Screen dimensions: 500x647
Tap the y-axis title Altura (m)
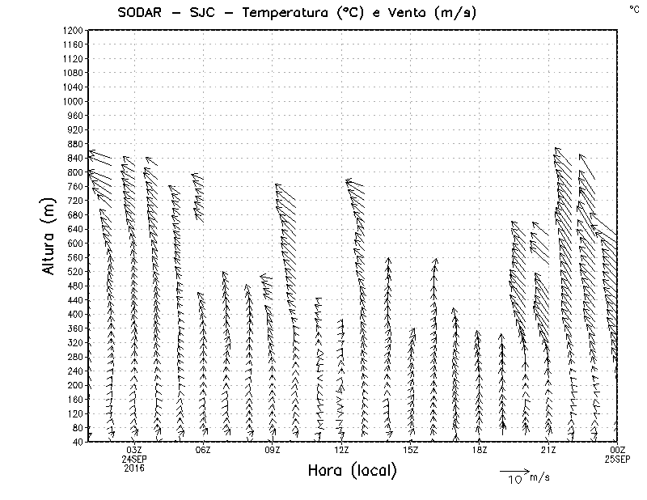pyautogui.click(x=49, y=235)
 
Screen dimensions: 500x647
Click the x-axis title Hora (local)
pyautogui.click(x=352, y=471)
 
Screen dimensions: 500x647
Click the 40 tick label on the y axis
pyautogui.click(x=76, y=442)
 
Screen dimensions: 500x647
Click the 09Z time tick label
pyautogui.click(x=273, y=450)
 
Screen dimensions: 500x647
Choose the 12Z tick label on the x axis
pyautogui.click(x=341, y=450)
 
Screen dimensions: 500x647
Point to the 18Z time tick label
pyautogui.click(x=480, y=450)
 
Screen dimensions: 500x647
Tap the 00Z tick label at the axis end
pyautogui.click(x=618, y=450)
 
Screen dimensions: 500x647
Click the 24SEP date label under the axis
pyautogui.click(x=134, y=459)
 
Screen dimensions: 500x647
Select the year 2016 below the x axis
pyautogui.click(x=134, y=468)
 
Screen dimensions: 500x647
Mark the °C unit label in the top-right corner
pyautogui.click(x=633, y=8)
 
